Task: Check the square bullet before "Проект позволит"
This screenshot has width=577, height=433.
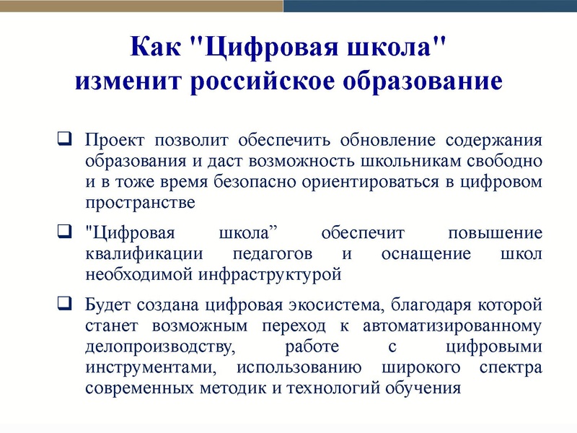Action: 63,139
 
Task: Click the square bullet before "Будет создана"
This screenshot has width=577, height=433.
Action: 63,305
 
